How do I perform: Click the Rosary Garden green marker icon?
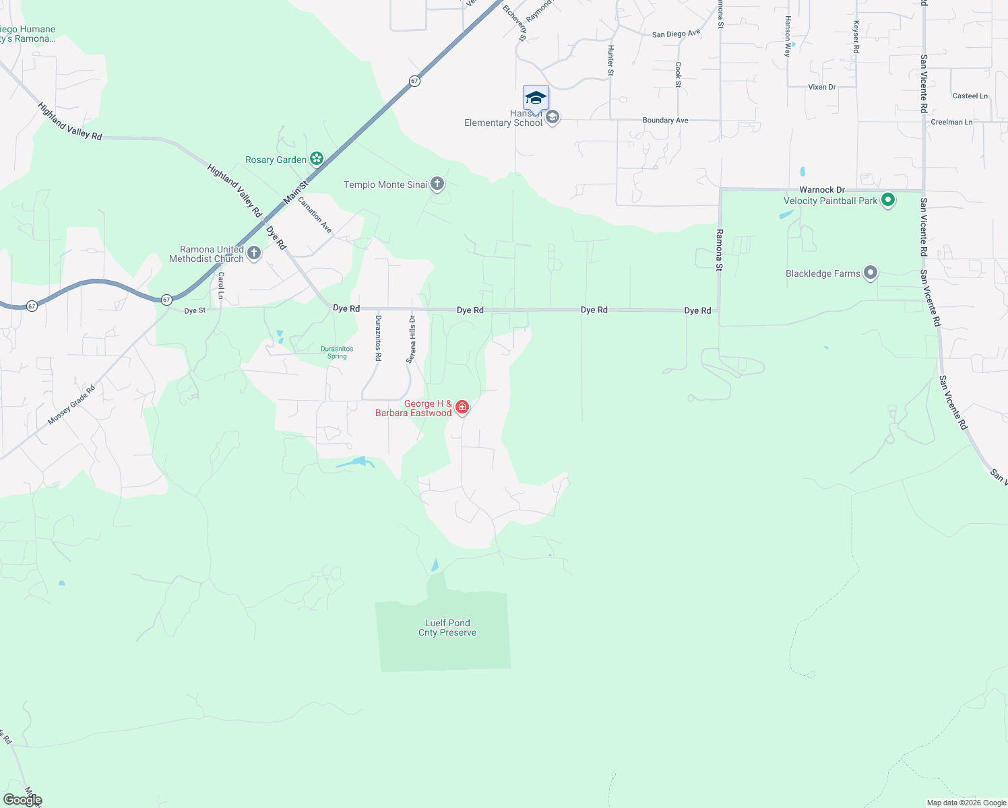click(x=316, y=159)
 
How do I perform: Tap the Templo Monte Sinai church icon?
click(x=437, y=183)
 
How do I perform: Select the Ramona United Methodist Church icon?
click(x=254, y=253)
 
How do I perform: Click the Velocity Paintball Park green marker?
click(x=887, y=200)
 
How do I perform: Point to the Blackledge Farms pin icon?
click(x=871, y=273)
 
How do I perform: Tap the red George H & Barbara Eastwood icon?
click(x=462, y=407)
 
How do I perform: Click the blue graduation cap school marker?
click(x=536, y=98)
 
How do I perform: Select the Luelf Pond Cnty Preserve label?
click(x=447, y=628)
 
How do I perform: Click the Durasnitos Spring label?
click(x=337, y=352)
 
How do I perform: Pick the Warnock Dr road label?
click(x=822, y=190)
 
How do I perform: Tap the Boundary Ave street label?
click(x=665, y=121)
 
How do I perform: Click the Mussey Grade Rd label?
click(x=72, y=405)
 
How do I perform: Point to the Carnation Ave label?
click(x=315, y=215)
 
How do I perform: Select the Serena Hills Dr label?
click(x=411, y=339)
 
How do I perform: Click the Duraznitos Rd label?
click(x=378, y=338)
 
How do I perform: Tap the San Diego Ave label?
click(x=676, y=34)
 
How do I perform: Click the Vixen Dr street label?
click(x=821, y=87)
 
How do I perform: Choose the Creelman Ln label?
click(x=951, y=122)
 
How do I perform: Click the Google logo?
click(x=22, y=800)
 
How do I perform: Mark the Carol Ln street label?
click(x=220, y=285)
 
